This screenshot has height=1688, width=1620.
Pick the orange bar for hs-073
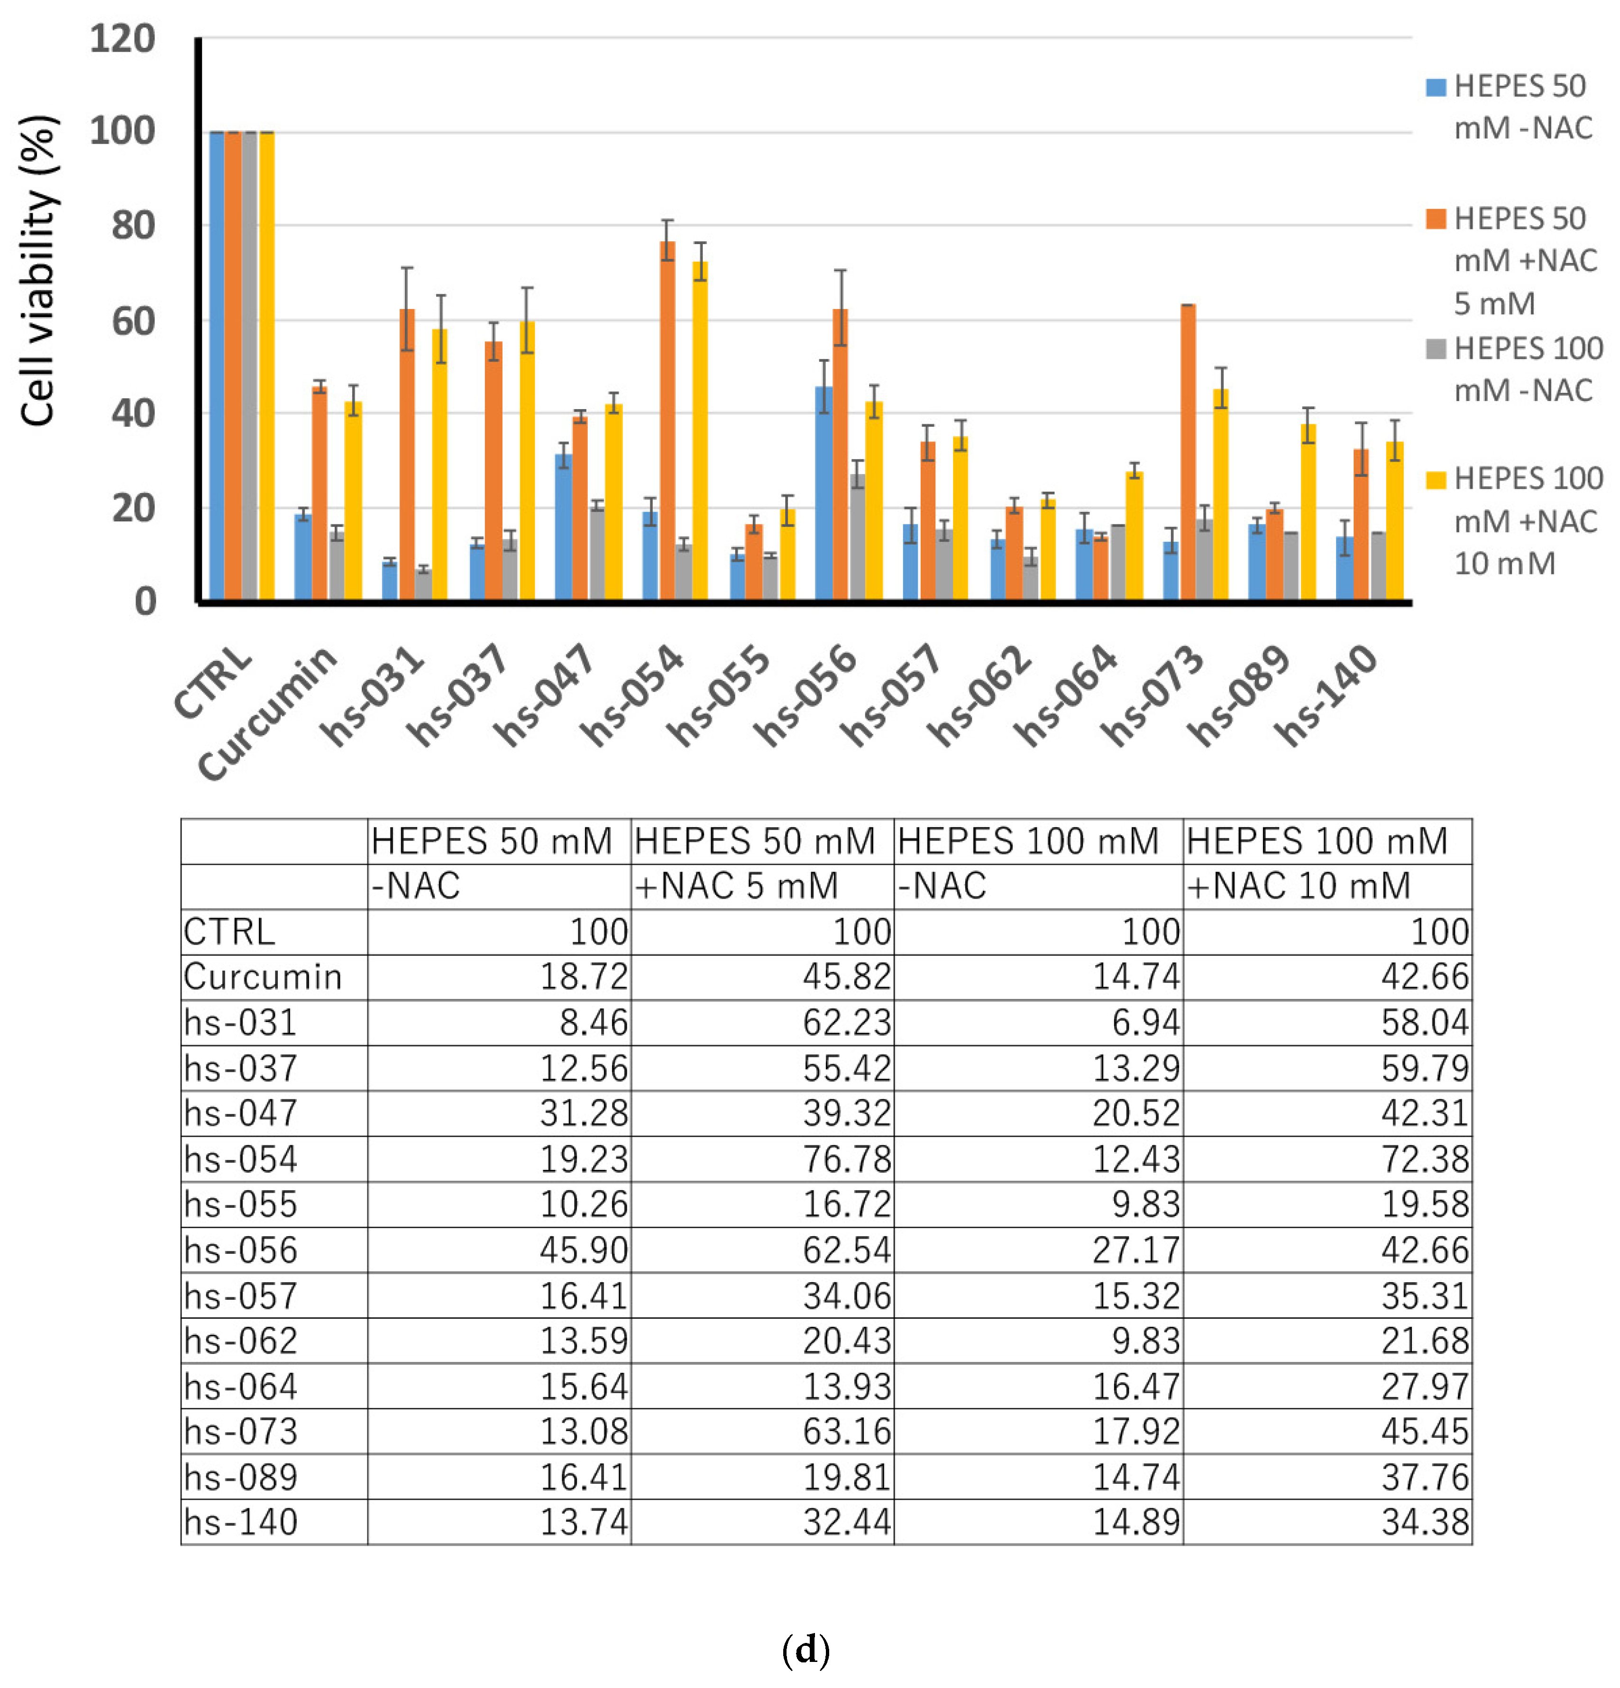[x=1188, y=452]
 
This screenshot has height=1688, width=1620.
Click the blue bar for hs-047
[x=563, y=527]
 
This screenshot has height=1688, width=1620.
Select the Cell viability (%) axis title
[x=39, y=271]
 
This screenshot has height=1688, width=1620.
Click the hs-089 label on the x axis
[x=1238, y=696]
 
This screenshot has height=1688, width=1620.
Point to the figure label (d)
[x=805, y=1650]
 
